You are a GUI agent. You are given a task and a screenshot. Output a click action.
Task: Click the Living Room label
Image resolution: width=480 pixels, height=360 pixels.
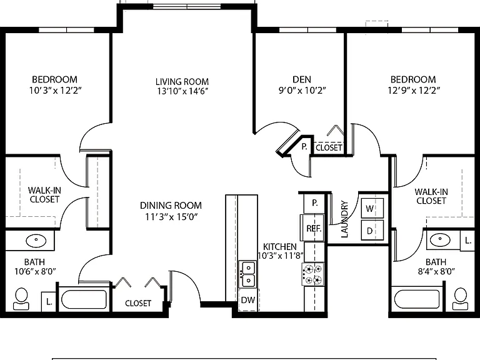click(182, 82)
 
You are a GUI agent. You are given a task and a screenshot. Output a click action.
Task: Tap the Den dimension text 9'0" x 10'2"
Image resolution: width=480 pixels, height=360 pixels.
click(302, 91)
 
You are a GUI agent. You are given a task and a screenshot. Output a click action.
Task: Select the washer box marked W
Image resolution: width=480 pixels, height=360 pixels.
click(372, 208)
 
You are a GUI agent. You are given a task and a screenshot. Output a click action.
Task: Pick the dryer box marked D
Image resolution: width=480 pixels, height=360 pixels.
click(372, 230)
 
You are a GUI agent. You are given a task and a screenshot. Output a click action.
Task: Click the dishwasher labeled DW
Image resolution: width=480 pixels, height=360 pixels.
click(249, 300)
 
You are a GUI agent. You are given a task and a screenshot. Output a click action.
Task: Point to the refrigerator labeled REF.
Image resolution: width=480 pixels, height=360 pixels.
click(312, 227)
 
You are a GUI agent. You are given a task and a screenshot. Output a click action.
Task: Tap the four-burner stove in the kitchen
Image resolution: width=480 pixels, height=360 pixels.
click(313, 274)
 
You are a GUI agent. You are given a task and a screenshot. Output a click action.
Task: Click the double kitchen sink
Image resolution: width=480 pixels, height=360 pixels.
click(247, 274)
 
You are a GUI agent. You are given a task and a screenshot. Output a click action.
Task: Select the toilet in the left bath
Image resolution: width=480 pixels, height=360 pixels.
click(21, 299)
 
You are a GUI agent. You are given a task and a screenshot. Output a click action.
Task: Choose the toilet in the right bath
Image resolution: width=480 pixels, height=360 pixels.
click(461, 299)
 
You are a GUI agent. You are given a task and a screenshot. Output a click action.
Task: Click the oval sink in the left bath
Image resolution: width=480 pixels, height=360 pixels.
click(36, 241)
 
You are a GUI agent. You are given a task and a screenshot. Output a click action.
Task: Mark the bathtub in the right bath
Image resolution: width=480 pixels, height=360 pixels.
click(417, 299)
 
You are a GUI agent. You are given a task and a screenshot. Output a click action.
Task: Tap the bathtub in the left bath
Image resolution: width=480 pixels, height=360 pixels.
click(84, 299)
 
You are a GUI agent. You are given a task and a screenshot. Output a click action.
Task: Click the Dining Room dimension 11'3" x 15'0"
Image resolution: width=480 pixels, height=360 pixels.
click(171, 217)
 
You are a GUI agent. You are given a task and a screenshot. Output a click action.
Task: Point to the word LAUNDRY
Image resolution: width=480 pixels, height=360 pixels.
click(344, 219)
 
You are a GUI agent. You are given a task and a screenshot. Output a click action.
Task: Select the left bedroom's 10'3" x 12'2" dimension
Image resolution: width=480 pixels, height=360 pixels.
click(55, 91)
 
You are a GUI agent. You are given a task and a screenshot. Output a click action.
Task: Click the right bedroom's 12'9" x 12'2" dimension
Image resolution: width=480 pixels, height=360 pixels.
click(414, 91)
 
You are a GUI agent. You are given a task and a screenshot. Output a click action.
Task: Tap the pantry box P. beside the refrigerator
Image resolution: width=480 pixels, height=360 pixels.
click(314, 203)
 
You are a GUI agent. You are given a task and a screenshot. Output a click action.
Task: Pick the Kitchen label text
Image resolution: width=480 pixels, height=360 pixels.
click(280, 247)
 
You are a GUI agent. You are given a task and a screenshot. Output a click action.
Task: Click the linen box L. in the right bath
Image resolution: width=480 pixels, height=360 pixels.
click(467, 241)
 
